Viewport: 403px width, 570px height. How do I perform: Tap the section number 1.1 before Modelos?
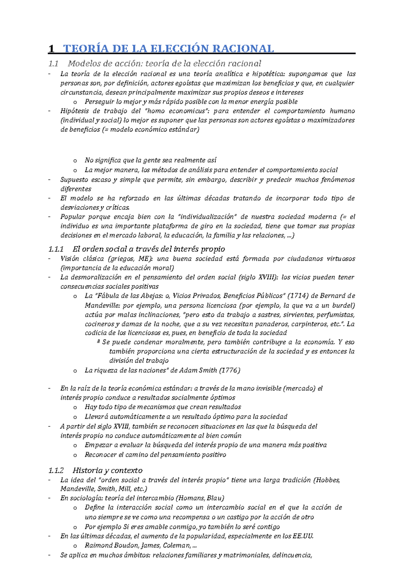point(53,63)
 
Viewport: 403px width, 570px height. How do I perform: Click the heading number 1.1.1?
point(56,249)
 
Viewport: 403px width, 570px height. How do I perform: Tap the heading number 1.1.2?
point(56,470)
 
